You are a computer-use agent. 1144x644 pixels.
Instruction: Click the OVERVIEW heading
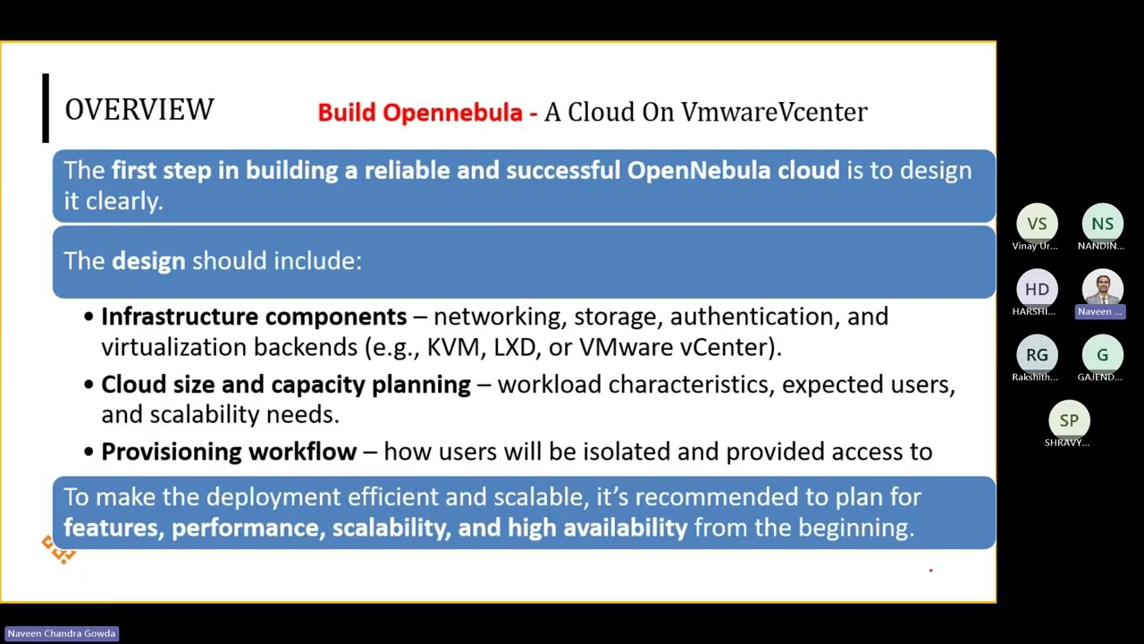(x=139, y=110)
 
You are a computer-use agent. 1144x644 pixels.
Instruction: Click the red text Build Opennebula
(x=420, y=113)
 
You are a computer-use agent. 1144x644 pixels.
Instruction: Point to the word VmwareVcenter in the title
(x=774, y=112)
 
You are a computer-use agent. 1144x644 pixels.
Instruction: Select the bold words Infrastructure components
(x=254, y=317)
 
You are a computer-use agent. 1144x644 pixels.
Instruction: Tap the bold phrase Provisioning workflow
(x=229, y=452)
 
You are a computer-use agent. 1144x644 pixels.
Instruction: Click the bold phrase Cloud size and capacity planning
(x=286, y=385)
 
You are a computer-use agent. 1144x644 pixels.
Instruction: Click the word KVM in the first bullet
(x=453, y=347)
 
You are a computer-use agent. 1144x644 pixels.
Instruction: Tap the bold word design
(x=148, y=261)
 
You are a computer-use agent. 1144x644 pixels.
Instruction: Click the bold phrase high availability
(x=597, y=528)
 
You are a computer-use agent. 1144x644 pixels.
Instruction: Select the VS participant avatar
(x=1037, y=224)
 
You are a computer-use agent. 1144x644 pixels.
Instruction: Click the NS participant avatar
(x=1102, y=224)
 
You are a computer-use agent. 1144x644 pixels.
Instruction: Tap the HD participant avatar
(x=1037, y=289)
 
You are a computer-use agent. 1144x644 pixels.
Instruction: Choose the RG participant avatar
(x=1037, y=355)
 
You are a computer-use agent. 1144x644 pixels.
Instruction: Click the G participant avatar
(x=1102, y=355)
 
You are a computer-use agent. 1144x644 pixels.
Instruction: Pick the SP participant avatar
(x=1069, y=420)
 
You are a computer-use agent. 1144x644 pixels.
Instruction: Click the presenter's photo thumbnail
(x=1102, y=288)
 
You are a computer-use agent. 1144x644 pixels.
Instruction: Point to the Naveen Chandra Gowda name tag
(x=62, y=633)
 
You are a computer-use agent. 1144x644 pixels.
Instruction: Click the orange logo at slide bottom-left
(x=59, y=550)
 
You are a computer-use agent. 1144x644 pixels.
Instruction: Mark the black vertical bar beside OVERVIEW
(x=46, y=108)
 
